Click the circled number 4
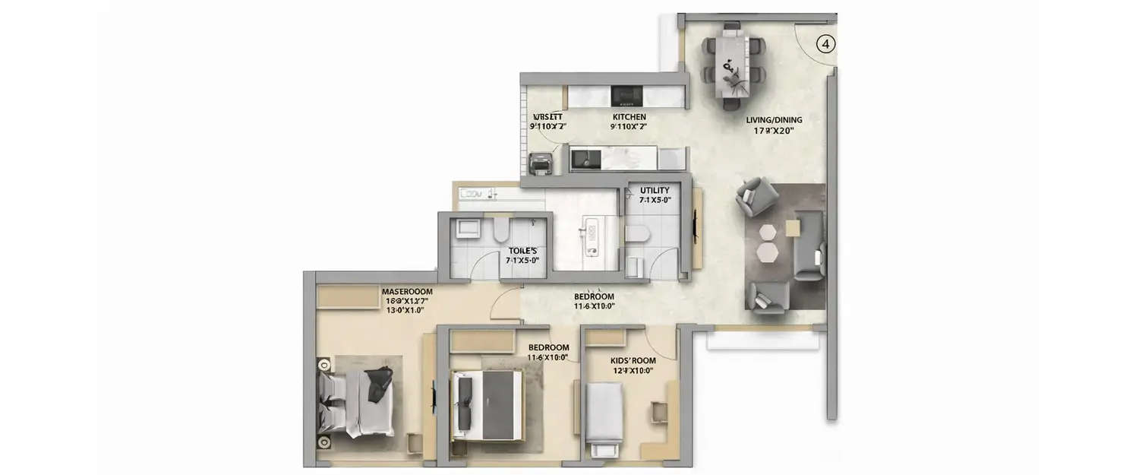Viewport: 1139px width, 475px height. pyautogui.click(x=825, y=44)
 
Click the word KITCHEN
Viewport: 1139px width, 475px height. pyautogui.click(x=629, y=117)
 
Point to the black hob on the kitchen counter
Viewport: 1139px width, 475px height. pyautogui.click(x=627, y=96)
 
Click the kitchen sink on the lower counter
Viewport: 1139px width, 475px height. pyautogui.click(x=585, y=158)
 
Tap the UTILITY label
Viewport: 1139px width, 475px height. pyautogui.click(x=654, y=190)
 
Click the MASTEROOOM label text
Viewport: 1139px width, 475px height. pyautogui.click(x=407, y=291)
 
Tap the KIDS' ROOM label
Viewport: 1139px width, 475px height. pyautogui.click(x=633, y=361)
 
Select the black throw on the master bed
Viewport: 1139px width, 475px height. pyautogui.click(x=378, y=383)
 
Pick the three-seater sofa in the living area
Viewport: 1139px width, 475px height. pyautogui.click(x=808, y=245)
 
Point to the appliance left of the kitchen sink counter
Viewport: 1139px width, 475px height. pyautogui.click(x=539, y=163)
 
